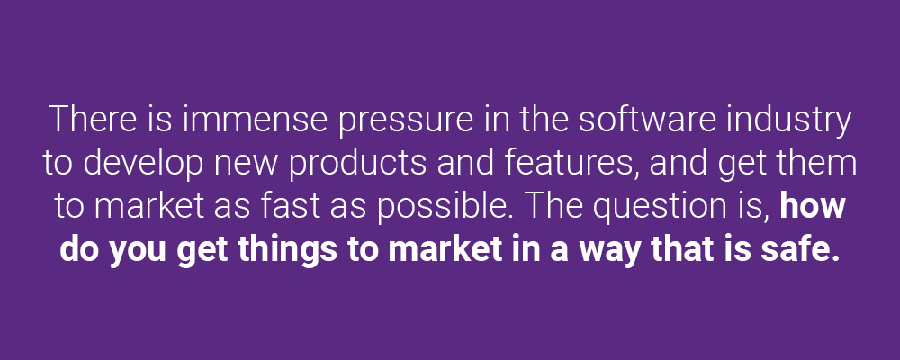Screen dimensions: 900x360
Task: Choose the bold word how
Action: click(x=813, y=207)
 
